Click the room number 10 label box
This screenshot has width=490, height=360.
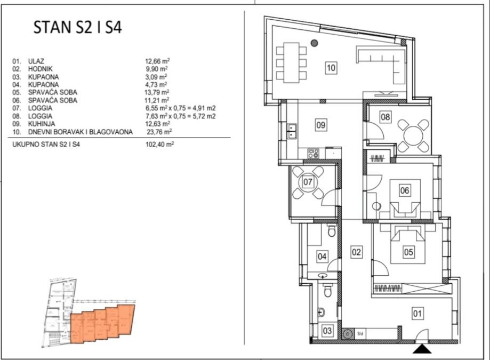(331, 68)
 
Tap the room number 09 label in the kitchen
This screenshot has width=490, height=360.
(320, 125)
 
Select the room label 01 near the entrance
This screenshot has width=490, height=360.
(417, 314)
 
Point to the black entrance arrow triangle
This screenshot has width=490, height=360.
(422, 349)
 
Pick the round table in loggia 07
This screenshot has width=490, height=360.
(308, 182)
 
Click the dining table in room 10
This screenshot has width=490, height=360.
(291, 62)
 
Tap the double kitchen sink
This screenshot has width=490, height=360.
(292, 131)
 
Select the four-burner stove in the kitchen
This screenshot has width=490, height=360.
(314, 153)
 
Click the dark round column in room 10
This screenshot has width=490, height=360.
(315, 43)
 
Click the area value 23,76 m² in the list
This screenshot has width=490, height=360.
(159, 132)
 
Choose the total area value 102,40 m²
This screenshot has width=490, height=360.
(159, 145)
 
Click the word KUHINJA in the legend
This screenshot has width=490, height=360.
(42, 124)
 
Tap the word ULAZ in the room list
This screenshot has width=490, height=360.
(36, 61)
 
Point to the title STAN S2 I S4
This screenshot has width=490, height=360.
(77, 27)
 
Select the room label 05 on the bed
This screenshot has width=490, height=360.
(408, 252)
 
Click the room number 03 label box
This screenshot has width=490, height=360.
(327, 331)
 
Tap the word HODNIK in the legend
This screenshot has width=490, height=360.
(41, 69)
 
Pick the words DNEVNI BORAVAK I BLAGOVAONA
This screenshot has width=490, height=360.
(81, 132)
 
